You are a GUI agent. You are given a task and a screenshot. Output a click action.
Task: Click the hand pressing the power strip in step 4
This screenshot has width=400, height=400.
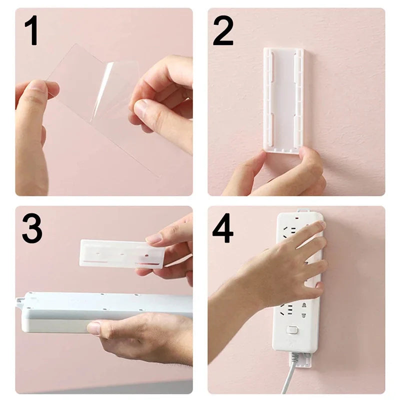point(280,270)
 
